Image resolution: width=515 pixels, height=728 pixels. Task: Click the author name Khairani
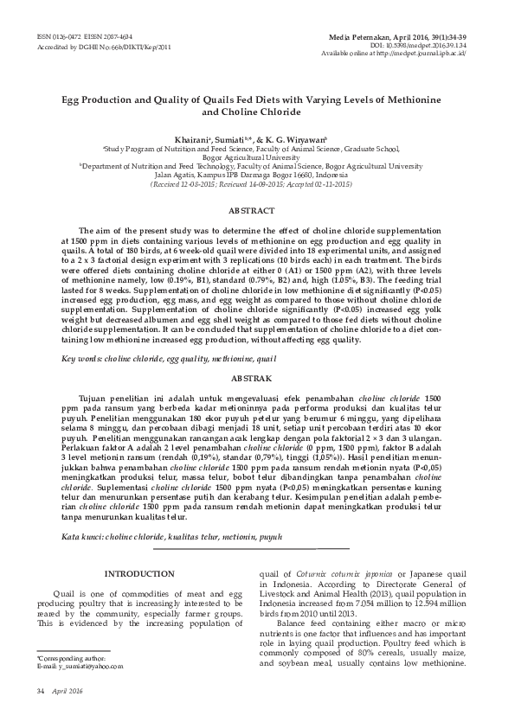(x=192, y=139)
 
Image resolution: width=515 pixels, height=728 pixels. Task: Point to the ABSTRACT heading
(x=251, y=211)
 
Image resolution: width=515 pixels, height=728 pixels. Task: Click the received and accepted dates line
(x=251, y=184)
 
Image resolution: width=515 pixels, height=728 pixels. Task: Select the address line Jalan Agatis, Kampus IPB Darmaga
(x=251, y=175)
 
